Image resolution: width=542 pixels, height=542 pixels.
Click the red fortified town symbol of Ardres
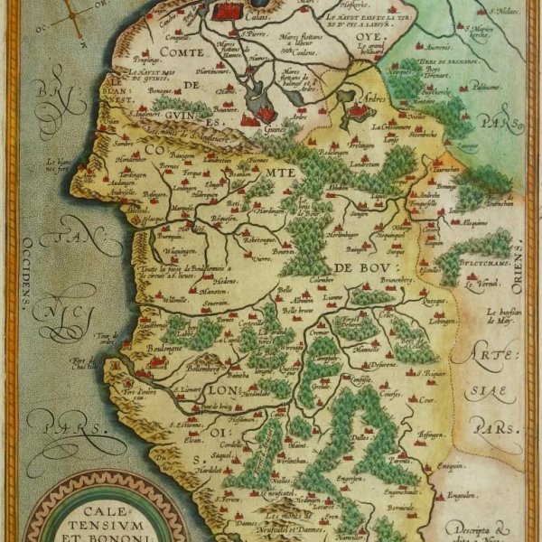[x=360, y=112]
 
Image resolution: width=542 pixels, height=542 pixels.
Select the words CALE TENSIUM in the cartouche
[x=95, y=515]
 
